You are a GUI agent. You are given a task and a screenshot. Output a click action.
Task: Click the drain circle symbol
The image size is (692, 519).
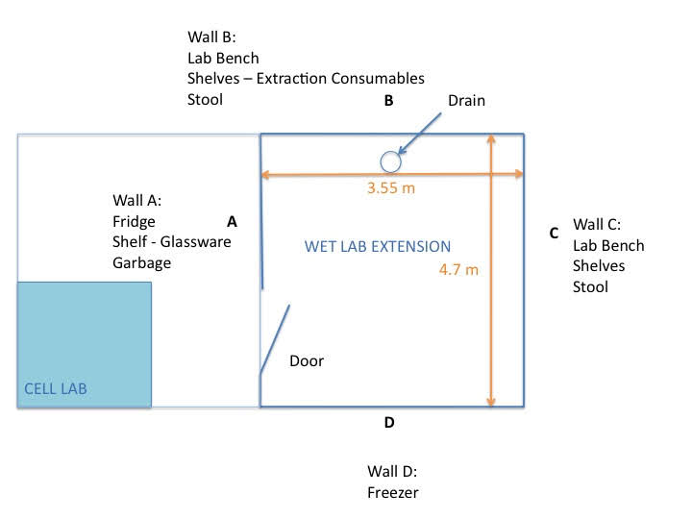click(389, 161)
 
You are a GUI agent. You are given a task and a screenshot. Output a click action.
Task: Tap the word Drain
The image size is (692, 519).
click(467, 101)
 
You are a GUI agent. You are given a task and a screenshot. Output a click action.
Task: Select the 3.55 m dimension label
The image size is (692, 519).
click(391, 188)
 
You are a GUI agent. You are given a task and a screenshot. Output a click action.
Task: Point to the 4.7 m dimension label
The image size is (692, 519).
click(458, 270)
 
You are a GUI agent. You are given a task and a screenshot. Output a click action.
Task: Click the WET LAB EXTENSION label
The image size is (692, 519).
click(377, 246)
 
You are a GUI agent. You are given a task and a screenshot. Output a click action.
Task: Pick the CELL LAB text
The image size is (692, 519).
click(55, 389)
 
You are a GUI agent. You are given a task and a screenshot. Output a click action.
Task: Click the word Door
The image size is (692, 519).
click(307, 361)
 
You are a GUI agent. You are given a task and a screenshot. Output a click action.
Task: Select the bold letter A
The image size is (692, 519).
click(232, 221)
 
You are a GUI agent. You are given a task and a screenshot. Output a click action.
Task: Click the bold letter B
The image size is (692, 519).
click(389, 100)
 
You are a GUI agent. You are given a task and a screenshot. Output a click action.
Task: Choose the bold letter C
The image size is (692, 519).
click(554, 233)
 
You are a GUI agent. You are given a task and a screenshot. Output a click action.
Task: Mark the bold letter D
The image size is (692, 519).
click(388, 422)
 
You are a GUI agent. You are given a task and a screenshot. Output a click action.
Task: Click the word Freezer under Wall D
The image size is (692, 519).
click(393, 492)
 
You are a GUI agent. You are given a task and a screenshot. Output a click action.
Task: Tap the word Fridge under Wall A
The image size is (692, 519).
click(135, 221)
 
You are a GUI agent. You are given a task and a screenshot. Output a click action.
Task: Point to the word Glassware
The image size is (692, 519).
click(196, 242)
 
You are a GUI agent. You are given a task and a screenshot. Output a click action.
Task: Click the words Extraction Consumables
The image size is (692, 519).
click(344, 78)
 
